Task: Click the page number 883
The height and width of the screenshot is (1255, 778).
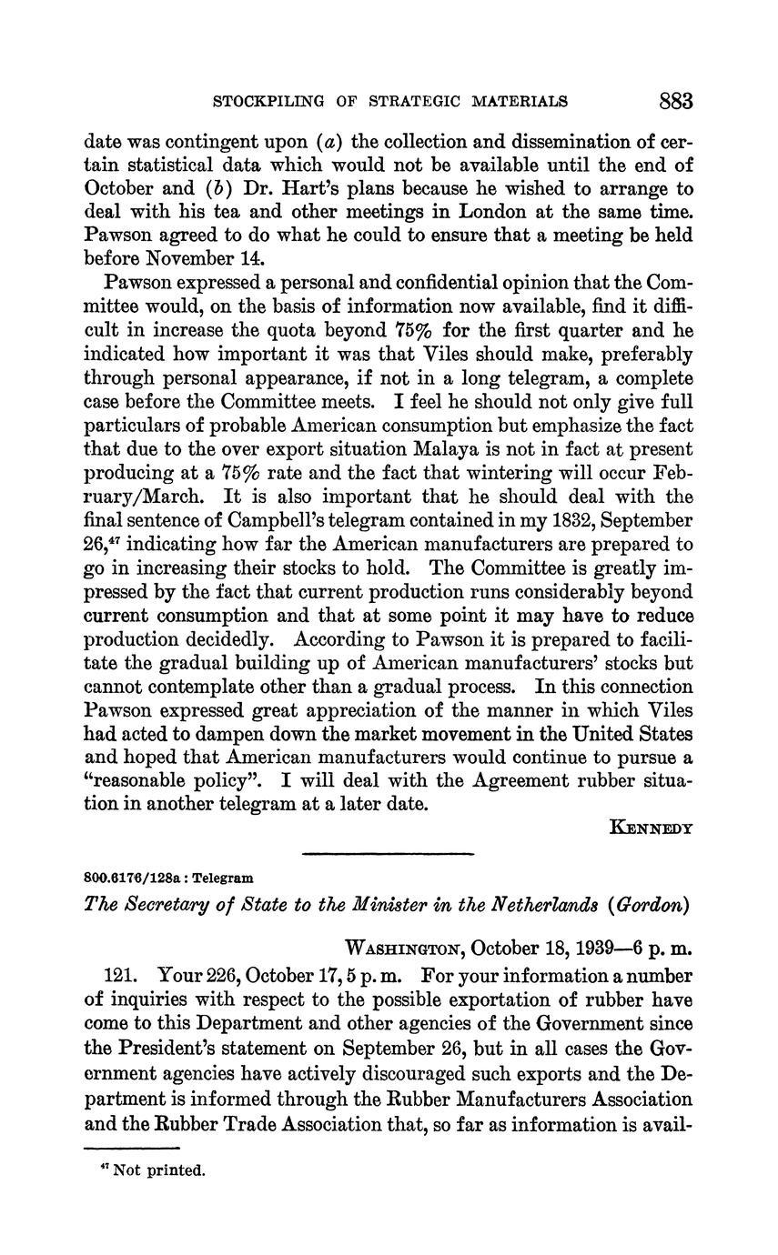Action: pyautogui.click(x=675, y=100)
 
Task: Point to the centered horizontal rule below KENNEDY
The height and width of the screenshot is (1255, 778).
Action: pyautogui.click(x=388, y=854)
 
